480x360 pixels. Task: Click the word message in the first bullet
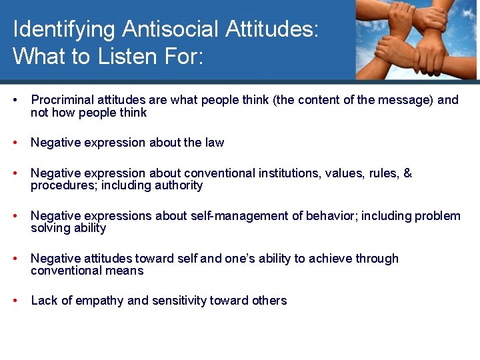click(391, 100)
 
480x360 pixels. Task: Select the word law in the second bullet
click(215, 143)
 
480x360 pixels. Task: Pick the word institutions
click(287, 173)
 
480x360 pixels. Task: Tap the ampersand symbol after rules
click(408, 173)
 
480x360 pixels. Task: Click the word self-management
click(244, 216)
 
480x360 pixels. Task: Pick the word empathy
click(101, 301)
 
